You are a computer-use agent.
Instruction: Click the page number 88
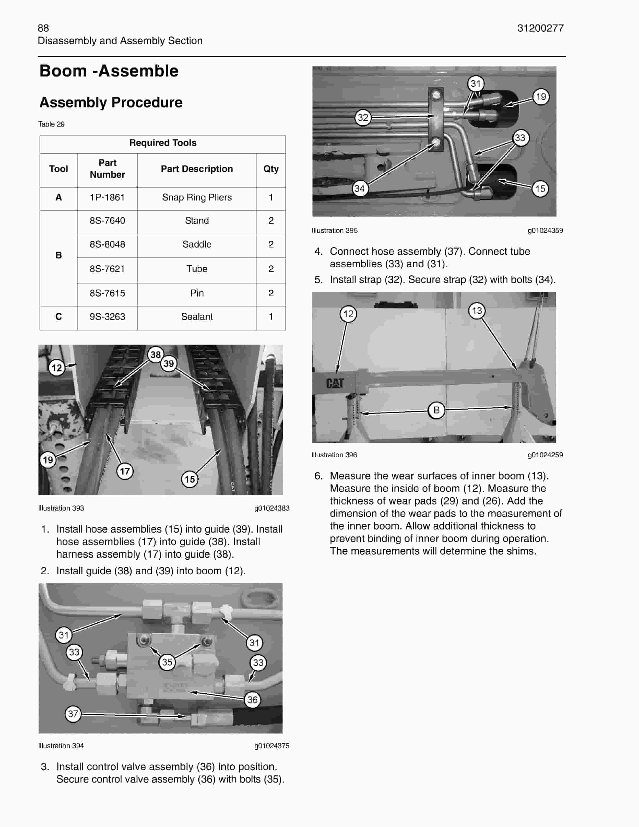pos(43,28)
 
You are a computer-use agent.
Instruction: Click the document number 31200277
pos(540,28)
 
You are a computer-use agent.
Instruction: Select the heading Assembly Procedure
pos(111,102)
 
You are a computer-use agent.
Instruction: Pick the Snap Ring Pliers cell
pos(197,197)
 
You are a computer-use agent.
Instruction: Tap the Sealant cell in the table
pos(197,317)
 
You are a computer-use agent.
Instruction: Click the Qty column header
pos(271,169)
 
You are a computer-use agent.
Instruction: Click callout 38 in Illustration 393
pos(155,355)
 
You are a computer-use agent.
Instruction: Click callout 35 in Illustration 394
pos(167,662)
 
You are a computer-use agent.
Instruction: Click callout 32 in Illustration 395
pos(363,117)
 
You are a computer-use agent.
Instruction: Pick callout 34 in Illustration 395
pos(359,188)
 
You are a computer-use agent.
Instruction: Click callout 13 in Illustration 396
pos(477,310)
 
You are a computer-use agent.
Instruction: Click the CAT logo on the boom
pos(335,383)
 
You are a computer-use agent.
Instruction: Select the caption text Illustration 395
pos(334,230)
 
